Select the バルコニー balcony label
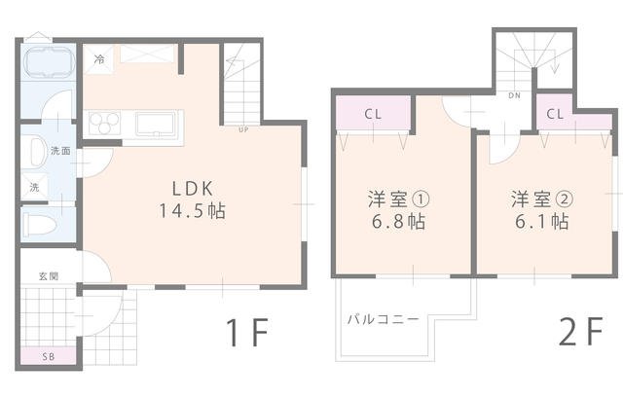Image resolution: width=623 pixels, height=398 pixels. [381, 318]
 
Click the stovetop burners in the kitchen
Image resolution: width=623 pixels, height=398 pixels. [103, 124]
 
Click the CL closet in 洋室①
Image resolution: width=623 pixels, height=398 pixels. [373, 113]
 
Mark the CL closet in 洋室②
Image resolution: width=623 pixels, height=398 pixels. [555, 114]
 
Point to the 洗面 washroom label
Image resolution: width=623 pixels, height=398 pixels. [60, 151]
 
